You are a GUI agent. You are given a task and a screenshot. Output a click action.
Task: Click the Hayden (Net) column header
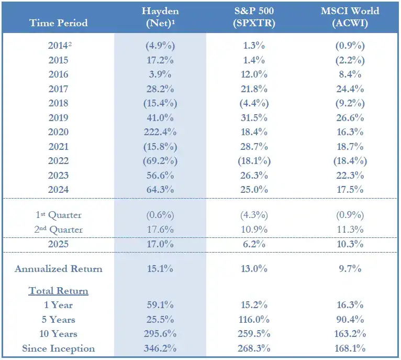160,17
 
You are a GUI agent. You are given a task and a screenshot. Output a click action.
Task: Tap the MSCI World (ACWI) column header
350,17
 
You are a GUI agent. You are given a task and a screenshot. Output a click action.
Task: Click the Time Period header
59,23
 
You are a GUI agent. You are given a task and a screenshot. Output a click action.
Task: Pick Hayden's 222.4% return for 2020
160,132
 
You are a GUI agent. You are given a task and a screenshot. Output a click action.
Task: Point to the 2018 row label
59,103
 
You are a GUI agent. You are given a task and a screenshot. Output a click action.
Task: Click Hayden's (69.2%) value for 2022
160,161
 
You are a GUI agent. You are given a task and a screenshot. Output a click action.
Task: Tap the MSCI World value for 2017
350,89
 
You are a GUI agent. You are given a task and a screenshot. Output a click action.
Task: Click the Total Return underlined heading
59,291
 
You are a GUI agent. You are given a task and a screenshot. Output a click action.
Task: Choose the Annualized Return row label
59,269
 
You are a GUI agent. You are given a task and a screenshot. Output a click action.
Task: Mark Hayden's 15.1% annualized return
160,269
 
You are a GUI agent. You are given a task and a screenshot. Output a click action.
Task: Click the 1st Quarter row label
59,215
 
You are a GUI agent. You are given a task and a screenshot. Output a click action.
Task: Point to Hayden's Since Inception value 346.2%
160,348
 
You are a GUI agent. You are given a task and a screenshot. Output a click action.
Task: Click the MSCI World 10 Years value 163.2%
350,334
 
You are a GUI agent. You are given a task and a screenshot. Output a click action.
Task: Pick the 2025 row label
59,245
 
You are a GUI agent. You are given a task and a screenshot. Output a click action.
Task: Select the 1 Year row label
59,305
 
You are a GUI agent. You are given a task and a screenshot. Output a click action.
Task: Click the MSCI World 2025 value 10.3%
350,245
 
